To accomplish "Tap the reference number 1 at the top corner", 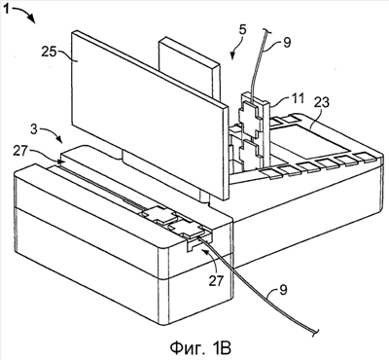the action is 6,10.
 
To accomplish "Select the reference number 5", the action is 243,30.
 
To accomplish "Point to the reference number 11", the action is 296,98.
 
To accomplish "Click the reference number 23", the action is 321,102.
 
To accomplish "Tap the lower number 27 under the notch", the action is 216,280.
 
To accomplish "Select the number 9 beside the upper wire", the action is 287,42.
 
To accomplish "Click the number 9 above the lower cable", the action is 283,290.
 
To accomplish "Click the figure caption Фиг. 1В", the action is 200,347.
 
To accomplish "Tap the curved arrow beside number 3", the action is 53,133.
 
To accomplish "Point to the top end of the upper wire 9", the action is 266,31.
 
